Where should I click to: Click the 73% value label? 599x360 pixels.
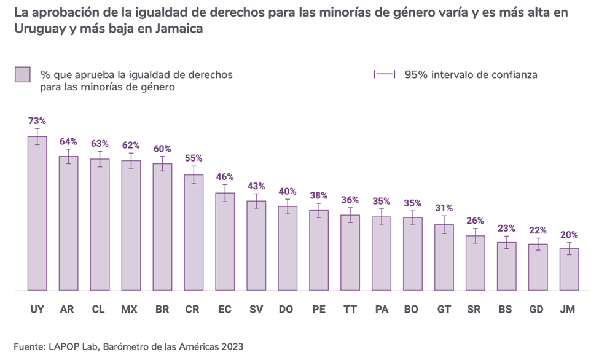pos(37,121)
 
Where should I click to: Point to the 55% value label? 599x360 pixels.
pos(194,157)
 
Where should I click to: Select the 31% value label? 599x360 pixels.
pos(444,208)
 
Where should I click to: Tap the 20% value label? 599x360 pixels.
pos(569,235)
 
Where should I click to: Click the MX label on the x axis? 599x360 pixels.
pos(130,310)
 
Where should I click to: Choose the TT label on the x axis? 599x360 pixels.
pos(350,310)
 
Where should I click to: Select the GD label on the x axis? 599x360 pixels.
pos(536,310)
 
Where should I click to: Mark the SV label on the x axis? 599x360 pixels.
pos(256,310)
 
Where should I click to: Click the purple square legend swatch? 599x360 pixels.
pos(23,75)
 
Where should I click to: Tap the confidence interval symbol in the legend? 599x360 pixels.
pos(385,74)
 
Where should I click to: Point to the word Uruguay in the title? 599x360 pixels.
pos(39,29)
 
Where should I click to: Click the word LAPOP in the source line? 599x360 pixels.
pos(65,346)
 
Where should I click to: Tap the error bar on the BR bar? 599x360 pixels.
pos(162,163)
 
